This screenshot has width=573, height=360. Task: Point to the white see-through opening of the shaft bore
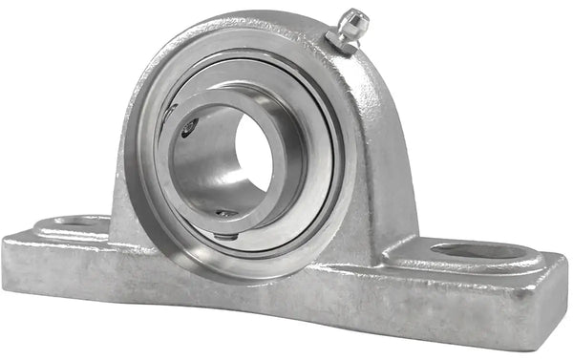(x=252, y=154)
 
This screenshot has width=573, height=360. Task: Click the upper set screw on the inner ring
(x=190, y=127)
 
